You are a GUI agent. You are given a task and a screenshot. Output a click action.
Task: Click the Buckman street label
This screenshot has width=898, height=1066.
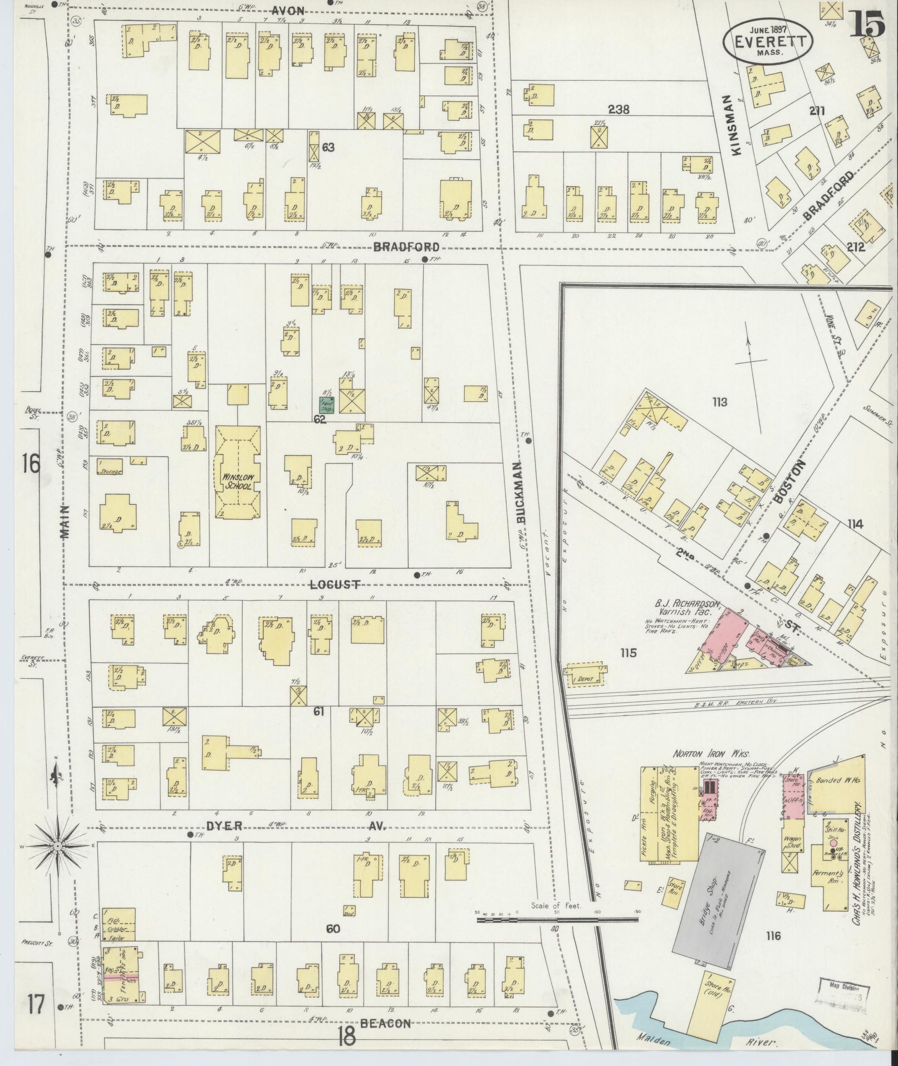click(520, 492)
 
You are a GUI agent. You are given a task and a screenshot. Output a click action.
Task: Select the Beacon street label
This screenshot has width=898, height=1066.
click(385, 1023)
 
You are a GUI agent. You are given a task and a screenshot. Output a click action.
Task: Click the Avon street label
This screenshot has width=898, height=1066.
click(288, 11)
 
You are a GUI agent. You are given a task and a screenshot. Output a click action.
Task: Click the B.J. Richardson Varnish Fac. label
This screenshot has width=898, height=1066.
click(688, 609)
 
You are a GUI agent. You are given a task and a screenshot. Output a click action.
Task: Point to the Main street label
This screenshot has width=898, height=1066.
click(65, 522)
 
